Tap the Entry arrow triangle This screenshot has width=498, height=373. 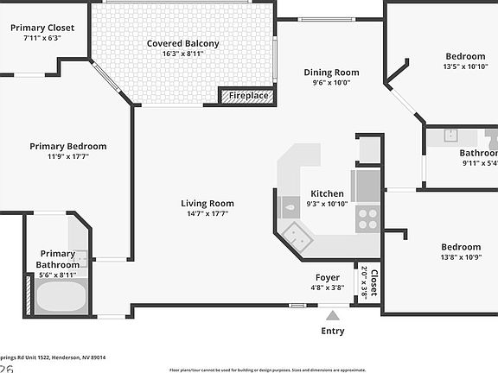coord(332,315)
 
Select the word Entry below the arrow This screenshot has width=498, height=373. coord(332,331)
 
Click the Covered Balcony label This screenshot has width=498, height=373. coord(182,43)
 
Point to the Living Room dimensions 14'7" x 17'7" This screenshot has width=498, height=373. coord(207,214)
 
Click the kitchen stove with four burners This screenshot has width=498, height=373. coord(367,219)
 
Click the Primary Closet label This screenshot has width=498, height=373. coord(42,28)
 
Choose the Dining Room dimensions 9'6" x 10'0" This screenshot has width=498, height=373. coord(330,84)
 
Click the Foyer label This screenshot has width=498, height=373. coord(327,277)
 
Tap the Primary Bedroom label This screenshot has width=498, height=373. coord(68,146)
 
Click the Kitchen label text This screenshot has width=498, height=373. coord(327,193)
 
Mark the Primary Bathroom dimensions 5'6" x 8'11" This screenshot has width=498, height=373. coord(58,275)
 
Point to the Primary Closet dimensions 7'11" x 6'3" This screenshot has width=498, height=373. coord(42,38)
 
